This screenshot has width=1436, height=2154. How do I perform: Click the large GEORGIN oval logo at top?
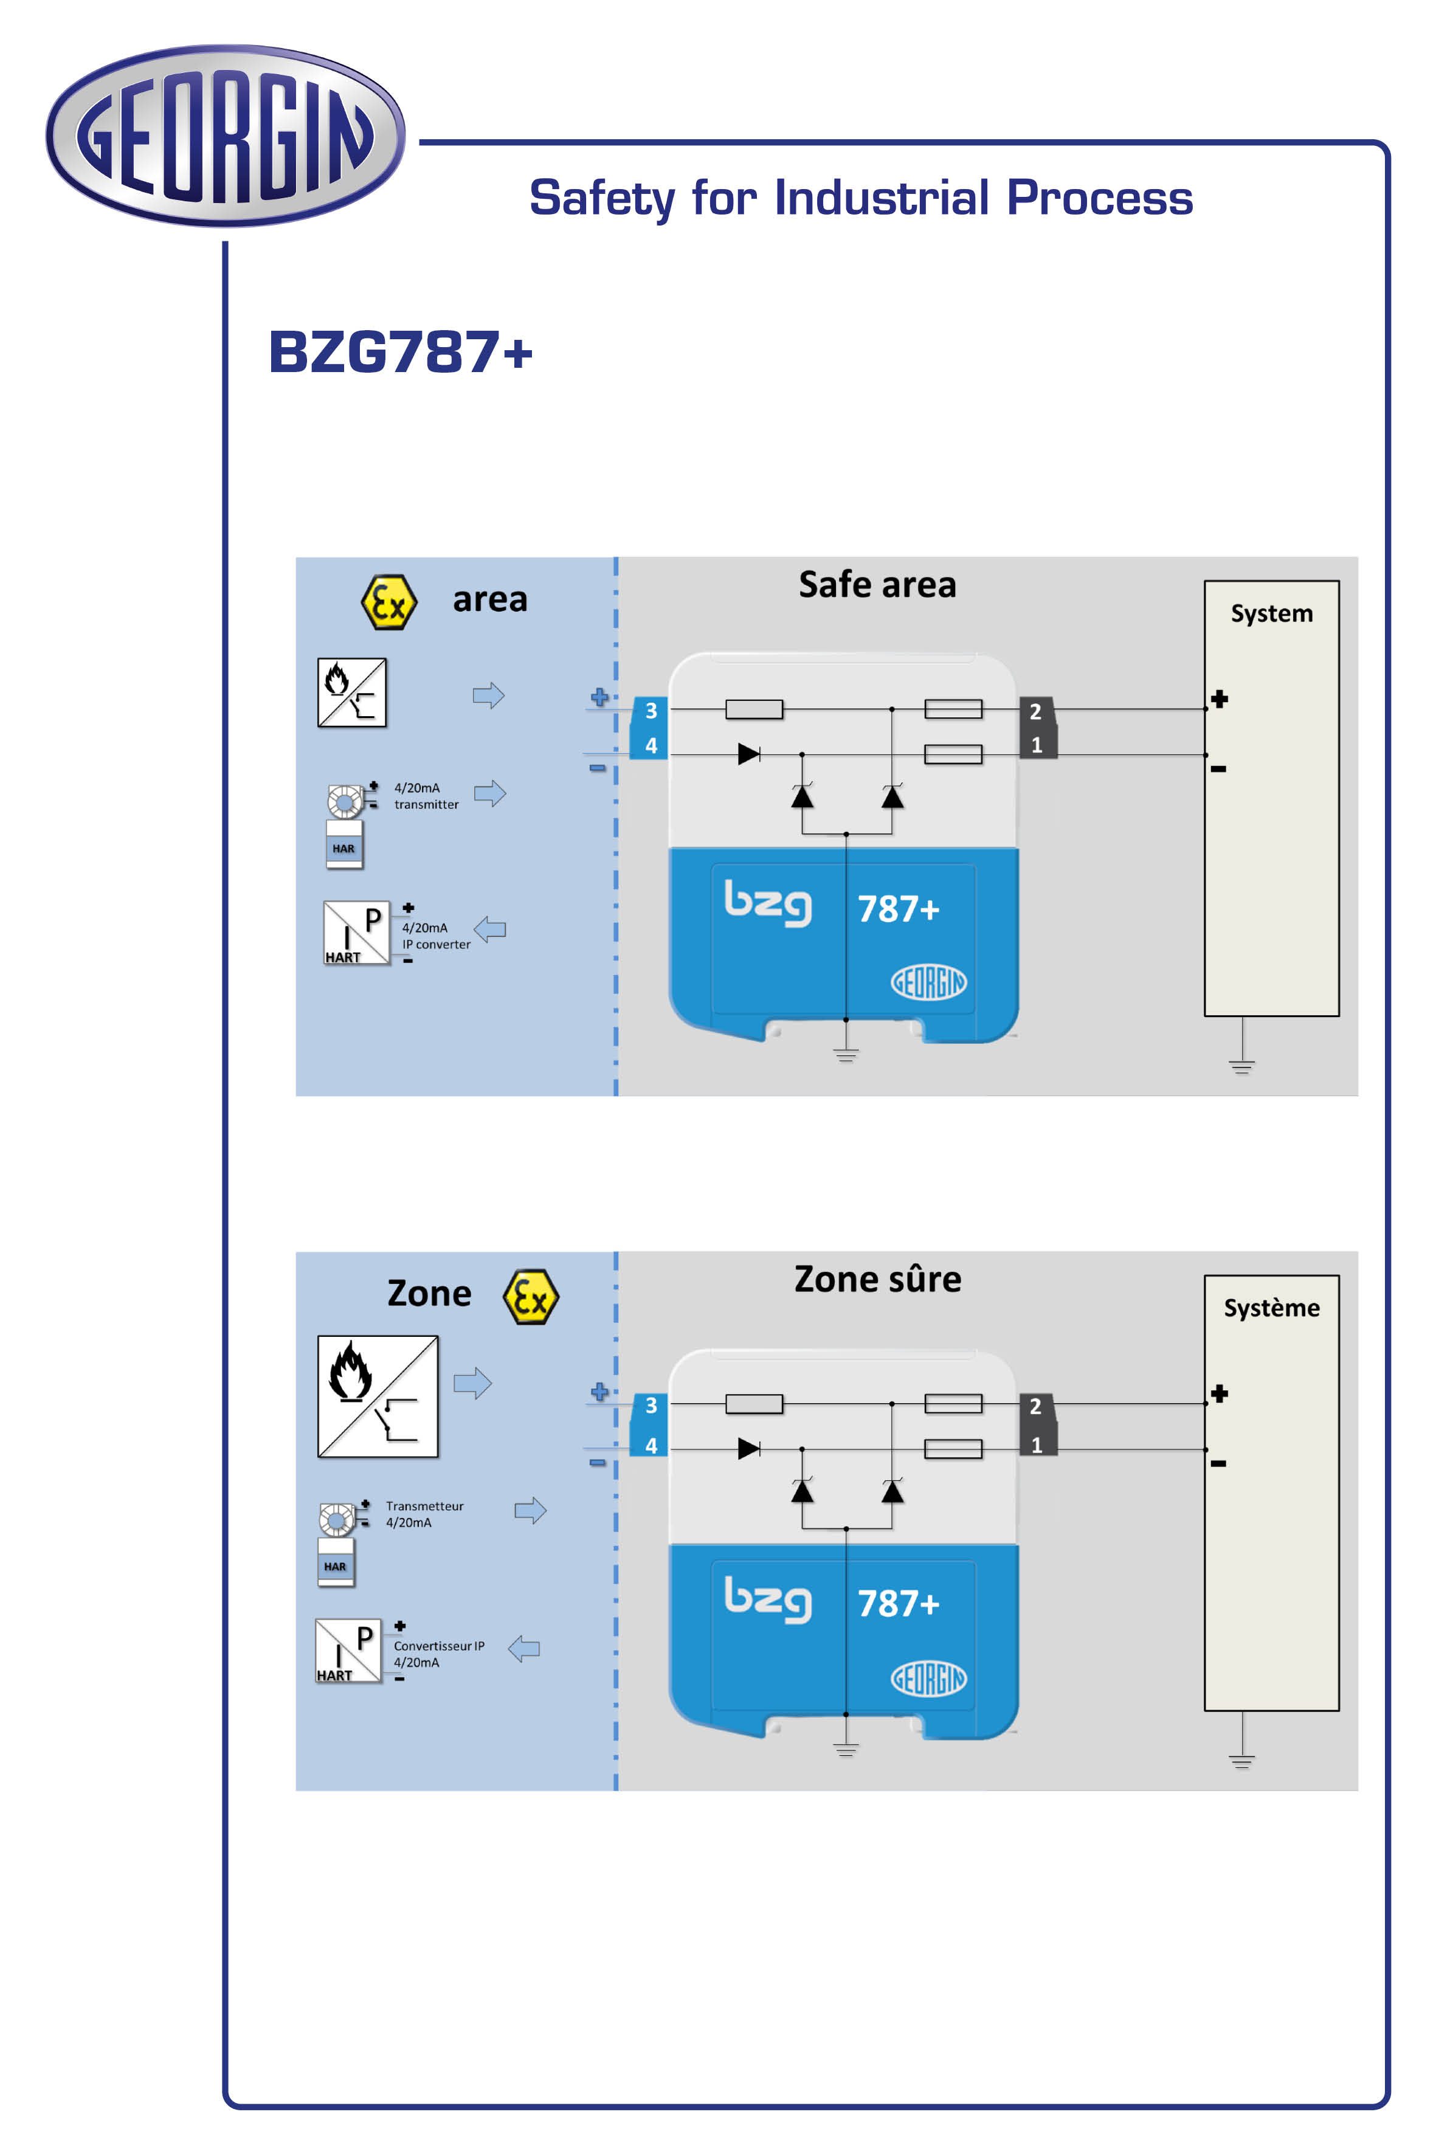click(x=226, y=136)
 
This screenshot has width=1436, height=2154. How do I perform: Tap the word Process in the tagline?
click(x=1099, y=197)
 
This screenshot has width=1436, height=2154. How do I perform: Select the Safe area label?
click(x=877, y=584)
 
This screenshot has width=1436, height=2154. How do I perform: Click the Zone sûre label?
click(x=877, y=1279)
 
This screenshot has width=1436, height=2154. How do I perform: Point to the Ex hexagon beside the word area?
click(x=389, y=602)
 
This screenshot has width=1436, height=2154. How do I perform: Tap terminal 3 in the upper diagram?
click(x=651, y=711)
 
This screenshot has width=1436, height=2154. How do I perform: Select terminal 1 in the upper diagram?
click(x=1037, y=745)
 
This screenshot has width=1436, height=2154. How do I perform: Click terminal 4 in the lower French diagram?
click(x=651, y=1445)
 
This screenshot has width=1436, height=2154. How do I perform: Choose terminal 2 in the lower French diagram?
click(x=1036, y=1406)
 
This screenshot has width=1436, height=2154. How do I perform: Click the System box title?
click(x=1271, y=613)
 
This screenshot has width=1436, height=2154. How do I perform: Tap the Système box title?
click(x=1271, y=1308)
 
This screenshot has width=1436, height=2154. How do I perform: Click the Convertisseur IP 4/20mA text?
click(x=439, y=1654)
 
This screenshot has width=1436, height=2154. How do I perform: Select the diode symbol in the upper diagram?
click(x=749, y=754)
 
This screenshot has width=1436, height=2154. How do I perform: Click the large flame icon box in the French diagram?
click(x=378, y=1396)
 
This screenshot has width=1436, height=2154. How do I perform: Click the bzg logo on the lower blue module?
click(x=767, y=1599)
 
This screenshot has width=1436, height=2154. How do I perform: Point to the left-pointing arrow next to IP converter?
click(x=490, y=930)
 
